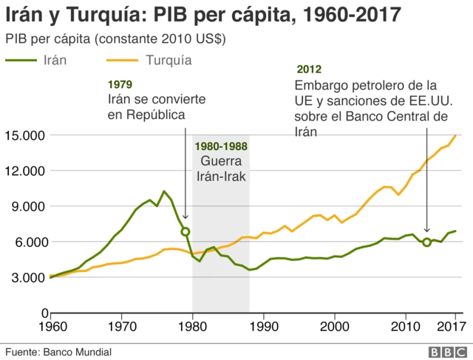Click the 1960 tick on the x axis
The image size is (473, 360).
pos(51,325)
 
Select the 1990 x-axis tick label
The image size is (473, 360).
pos(264,325)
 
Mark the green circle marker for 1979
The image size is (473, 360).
pos(186,231)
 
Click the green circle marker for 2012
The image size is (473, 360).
pos(427,242)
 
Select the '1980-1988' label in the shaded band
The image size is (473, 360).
pos(221,146)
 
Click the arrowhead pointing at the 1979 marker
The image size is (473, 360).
pos(186,223)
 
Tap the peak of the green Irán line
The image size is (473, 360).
pos(164,191)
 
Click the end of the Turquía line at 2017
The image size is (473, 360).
pos(455,135)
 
